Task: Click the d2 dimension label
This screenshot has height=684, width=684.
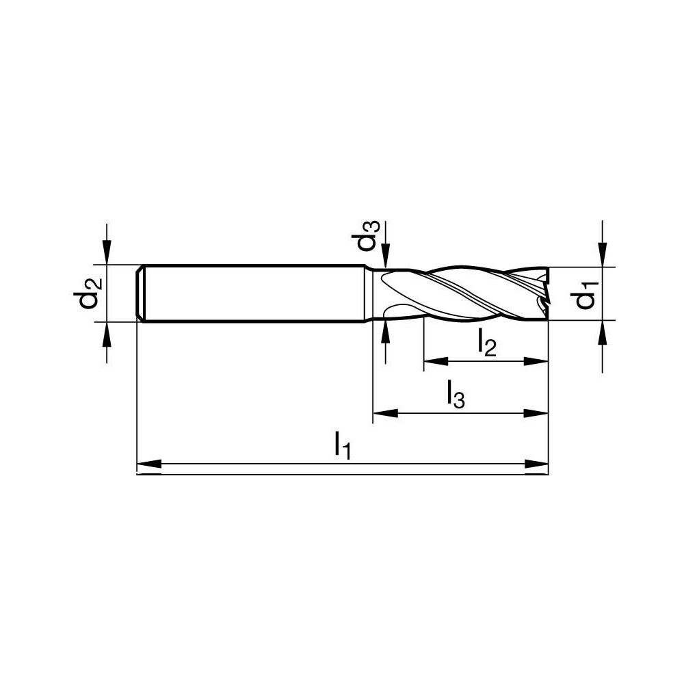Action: point(90,291)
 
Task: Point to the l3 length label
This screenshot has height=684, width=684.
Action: point(455,395)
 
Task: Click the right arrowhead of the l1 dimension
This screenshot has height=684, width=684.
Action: point(537,466)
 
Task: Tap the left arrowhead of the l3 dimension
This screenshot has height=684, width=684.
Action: point(384,413)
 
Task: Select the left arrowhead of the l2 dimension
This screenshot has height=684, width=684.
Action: point(436,361)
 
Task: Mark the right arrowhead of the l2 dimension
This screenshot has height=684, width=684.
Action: point(537,361)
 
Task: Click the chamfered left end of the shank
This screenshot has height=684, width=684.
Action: point(140,293)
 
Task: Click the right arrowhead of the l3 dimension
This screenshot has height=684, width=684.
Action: point(537,413)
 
